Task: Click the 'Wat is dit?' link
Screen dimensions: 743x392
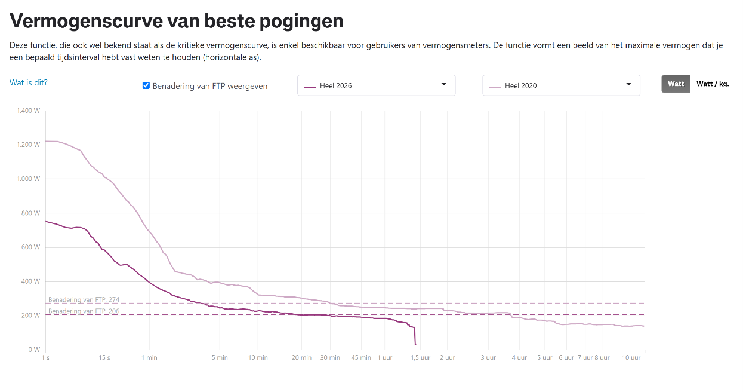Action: (x=29, y=82)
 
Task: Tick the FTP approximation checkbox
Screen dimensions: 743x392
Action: (x=146, y=85)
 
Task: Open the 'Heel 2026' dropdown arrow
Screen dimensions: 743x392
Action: (x=443, y=84)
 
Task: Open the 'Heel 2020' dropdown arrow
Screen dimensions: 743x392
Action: (x=628, y=84)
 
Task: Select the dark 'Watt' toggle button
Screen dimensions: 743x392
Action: (x=676, y=84)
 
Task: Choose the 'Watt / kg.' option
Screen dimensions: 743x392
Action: (x=713, y=84)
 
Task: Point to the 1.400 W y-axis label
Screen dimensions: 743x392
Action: (x=28, y=111)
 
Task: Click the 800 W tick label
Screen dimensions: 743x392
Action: (x=30, y=213)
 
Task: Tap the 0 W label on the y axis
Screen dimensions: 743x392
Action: (x=34, y=350)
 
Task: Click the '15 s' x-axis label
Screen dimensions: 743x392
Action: (x=104, y=357)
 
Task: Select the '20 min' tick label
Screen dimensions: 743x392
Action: (x=301, y=357)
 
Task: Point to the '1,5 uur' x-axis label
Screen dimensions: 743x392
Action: (x=420, y=357)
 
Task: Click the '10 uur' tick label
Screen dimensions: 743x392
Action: (x=631, y=357)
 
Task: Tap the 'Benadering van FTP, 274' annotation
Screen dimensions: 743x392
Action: (x=84, y=299)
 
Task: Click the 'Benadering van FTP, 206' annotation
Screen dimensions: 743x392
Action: (x=84, y=311)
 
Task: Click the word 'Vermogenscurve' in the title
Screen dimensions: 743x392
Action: (x=86, y=22)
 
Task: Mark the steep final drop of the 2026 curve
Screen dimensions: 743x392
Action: (x=415, y=335)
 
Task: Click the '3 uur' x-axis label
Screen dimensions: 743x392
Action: (x=488, y=357)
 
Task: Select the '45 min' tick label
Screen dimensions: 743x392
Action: (x=361, y=357)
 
